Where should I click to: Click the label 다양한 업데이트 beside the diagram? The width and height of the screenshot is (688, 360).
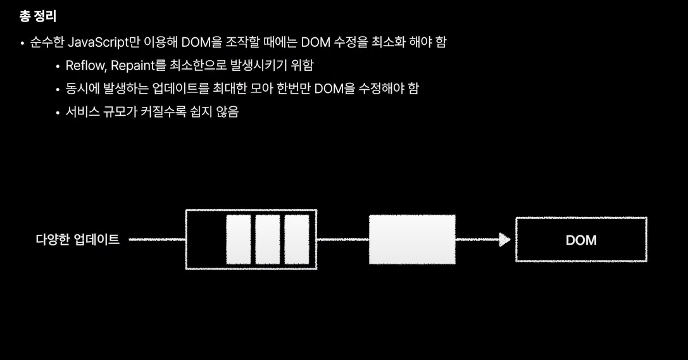click(x=77, y=239)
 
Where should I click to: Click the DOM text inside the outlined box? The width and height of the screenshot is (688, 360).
click(x=581, y=240)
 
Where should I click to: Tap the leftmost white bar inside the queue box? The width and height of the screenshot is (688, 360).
click(x=239, y=239)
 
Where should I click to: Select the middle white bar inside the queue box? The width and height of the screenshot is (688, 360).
click(x=267, y=239)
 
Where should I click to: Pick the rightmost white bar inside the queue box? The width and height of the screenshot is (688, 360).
click(x=296, y=239)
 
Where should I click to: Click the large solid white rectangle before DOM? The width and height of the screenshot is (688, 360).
click(x=412, y=239)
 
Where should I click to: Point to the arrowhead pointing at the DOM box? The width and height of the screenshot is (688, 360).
click(x=504, y=239)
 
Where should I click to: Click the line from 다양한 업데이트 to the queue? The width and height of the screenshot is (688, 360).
click(x=157, y=239)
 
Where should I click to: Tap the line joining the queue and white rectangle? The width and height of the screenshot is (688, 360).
click(x=342, y=239)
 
